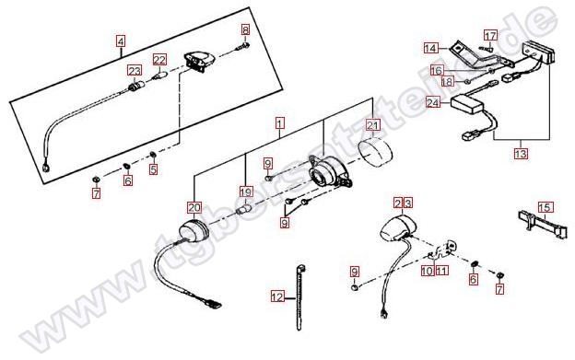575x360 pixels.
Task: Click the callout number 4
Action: click(121, 41)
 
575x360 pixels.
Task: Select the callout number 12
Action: click(277, 296)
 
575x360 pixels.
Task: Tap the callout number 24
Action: click(433, 102)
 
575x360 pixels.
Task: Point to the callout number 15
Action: click(545, 207)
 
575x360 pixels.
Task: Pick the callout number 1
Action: click(280, 123)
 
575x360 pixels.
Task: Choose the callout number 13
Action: click(521, 153)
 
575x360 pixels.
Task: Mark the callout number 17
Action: click(490, 36)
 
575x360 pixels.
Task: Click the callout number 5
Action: click(153, 169)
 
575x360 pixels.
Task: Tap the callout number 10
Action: click(428, 271)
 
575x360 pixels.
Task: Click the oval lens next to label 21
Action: click(375, 152)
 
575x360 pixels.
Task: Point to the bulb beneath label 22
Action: click(161, 77)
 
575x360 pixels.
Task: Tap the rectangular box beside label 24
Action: click(467, 103)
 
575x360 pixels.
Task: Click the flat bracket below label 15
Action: click(542, 224)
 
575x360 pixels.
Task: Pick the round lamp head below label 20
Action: click(194, 231)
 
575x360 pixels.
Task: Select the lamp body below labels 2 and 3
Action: click(396, 228)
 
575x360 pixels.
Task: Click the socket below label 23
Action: click(135, 87)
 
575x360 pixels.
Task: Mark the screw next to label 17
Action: click(485, 49)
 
